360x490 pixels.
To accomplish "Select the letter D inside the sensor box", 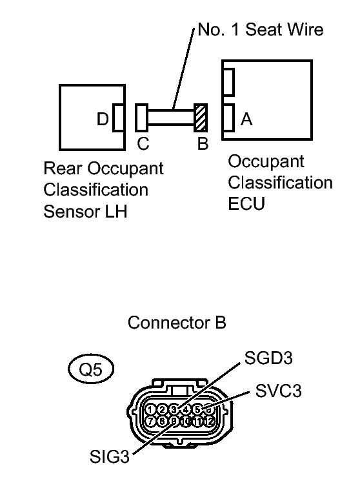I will pos(103,119).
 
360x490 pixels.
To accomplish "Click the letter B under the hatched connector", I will pos(202,143).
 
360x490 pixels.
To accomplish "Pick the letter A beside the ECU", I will pos(246,119).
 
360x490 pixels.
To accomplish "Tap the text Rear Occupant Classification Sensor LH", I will pos(103,190).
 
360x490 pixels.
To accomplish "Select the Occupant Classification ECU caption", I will pos(280,182).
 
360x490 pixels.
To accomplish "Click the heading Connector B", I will pos(177,323).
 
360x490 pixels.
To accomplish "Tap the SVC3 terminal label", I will pos(279,391).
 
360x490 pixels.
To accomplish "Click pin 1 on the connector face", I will pos(150,409).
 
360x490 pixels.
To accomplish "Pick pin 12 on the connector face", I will pos(208,421).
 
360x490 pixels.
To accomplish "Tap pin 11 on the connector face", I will pos(197,421).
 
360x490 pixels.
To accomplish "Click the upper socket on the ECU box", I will pos(228,82).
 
